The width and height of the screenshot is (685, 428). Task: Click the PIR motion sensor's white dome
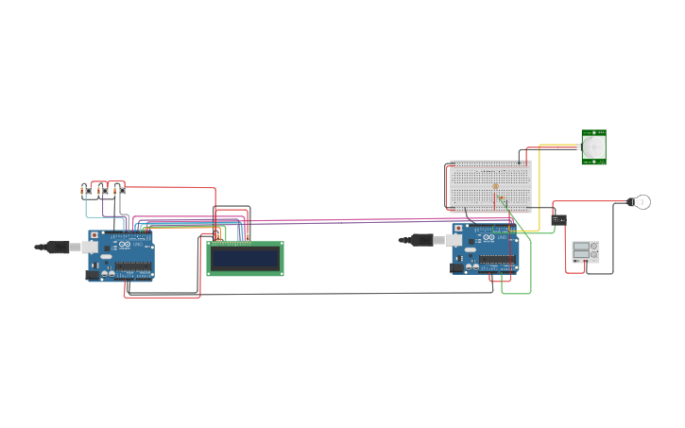pos(593,148)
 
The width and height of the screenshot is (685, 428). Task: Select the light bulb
pos(642,201)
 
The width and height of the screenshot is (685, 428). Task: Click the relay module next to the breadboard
pos(558,220)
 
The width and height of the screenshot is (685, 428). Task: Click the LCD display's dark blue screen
pos(245,258)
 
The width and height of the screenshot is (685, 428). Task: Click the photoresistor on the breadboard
pos(495,186)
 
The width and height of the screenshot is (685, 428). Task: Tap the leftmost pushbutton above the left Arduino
pos(88,191)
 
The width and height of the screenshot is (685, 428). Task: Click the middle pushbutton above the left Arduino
pos(105,191)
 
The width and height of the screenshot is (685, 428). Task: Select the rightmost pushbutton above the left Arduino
pos(121,191)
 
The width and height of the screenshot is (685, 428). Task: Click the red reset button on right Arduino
pos(458,228)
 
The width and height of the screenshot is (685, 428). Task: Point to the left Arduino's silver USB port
pos(91,247)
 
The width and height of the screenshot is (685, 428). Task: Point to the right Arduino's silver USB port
pos(454,241)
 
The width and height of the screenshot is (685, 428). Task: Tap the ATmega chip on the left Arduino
pos(132,266)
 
